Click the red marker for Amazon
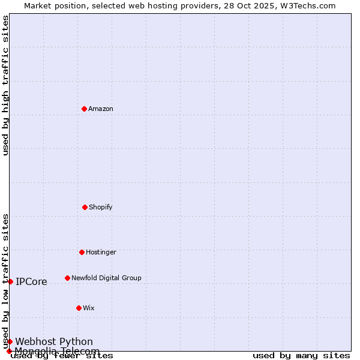(x=84, y=109)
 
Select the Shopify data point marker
(x=85, y=207)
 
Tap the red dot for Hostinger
(x=82, y=252)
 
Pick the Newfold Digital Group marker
(x=67, y=278)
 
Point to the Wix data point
(x=79, y=308)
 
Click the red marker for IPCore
(x=10, y=281)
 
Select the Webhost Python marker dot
(x=10, y=341)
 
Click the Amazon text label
(x=101, y=109)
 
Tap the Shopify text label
(x=101, y=207)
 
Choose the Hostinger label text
(x=101, y=252)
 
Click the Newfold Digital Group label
(x=106, y=278)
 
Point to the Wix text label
(x=89, y=308)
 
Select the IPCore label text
(x=31, y=281)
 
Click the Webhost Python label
(x=54, y=341)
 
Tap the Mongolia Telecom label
(x=57, y=351)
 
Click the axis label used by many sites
(x=301, y=356)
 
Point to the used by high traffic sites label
(x=5, y=85)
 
